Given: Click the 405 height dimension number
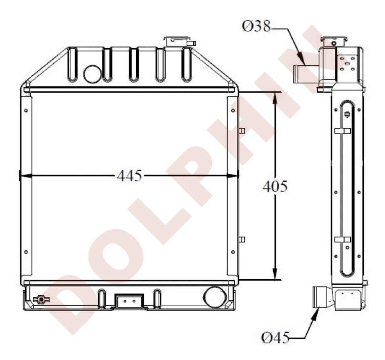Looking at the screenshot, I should [275, 187].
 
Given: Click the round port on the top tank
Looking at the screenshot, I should [92, 74].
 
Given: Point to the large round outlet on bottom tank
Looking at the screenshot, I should [214, 297].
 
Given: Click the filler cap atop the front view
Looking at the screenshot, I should [179, 41].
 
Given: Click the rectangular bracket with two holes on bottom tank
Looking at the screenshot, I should [129, 301].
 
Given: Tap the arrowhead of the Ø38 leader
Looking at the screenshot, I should [304, 62].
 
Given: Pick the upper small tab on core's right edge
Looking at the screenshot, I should [242, 131].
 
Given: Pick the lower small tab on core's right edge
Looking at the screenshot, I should [242, 240].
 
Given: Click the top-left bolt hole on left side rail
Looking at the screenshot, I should [26, 111].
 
